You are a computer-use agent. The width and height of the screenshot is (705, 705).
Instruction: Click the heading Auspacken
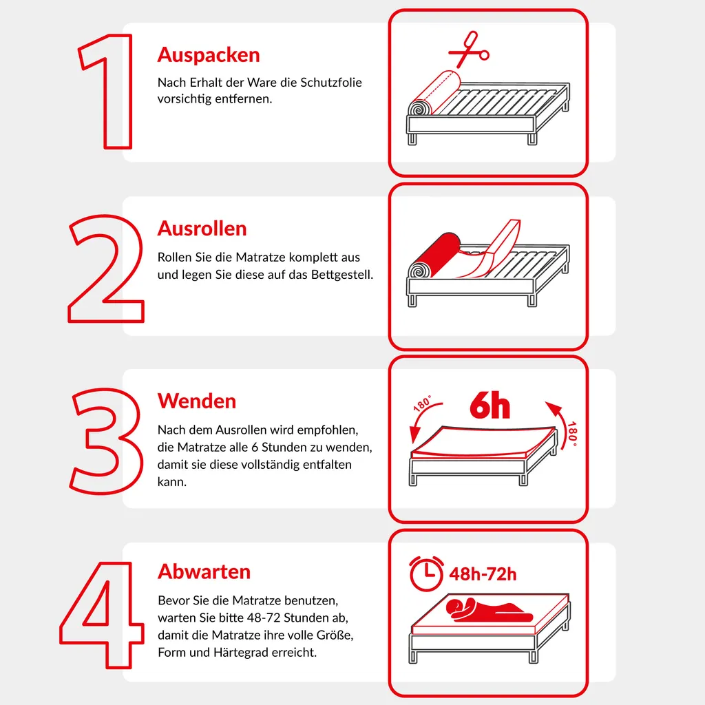click(208, 55)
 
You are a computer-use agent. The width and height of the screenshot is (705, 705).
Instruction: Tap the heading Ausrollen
click(202, 229)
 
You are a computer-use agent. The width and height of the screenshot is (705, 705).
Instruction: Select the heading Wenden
click(196, 401)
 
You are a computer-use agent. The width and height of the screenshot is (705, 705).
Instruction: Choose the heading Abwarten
click(204, 572)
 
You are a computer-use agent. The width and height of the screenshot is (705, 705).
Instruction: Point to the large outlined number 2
click(106, 269)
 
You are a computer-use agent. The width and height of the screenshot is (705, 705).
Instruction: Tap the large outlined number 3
click(107, 441)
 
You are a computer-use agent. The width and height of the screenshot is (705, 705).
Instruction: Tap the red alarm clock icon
click(426, 573)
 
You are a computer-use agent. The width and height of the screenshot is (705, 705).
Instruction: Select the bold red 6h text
click(490, 407)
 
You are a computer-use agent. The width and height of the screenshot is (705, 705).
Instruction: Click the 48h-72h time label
click(483, 574)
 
